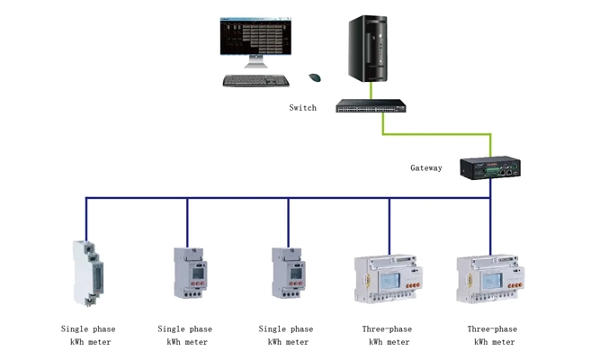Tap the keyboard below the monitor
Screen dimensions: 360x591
256,81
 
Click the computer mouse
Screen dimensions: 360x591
315,77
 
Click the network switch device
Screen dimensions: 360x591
372,106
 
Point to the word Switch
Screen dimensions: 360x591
302,108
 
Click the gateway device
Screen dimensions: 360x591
490,167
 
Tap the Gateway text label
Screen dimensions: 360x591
426,168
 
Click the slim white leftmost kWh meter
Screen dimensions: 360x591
86,272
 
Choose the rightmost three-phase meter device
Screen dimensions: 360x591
491,278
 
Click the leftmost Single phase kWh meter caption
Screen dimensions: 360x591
88,336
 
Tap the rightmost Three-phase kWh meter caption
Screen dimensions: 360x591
493,336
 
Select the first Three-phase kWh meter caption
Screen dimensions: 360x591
388,336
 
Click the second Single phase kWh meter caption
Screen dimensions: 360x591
187,336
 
